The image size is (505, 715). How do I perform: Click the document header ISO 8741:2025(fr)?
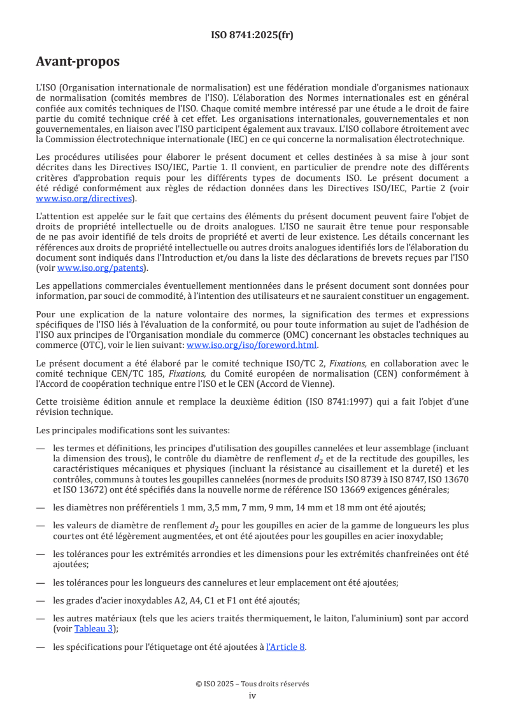pos(252,35)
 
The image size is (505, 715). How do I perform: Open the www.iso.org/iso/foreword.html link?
pos(251,345)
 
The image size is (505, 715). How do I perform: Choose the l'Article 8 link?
pos(286,647)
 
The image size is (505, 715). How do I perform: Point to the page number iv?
pos(252,695)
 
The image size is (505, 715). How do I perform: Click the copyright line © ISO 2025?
pos(252,684)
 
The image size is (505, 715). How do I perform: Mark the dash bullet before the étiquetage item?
pos(41,647)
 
